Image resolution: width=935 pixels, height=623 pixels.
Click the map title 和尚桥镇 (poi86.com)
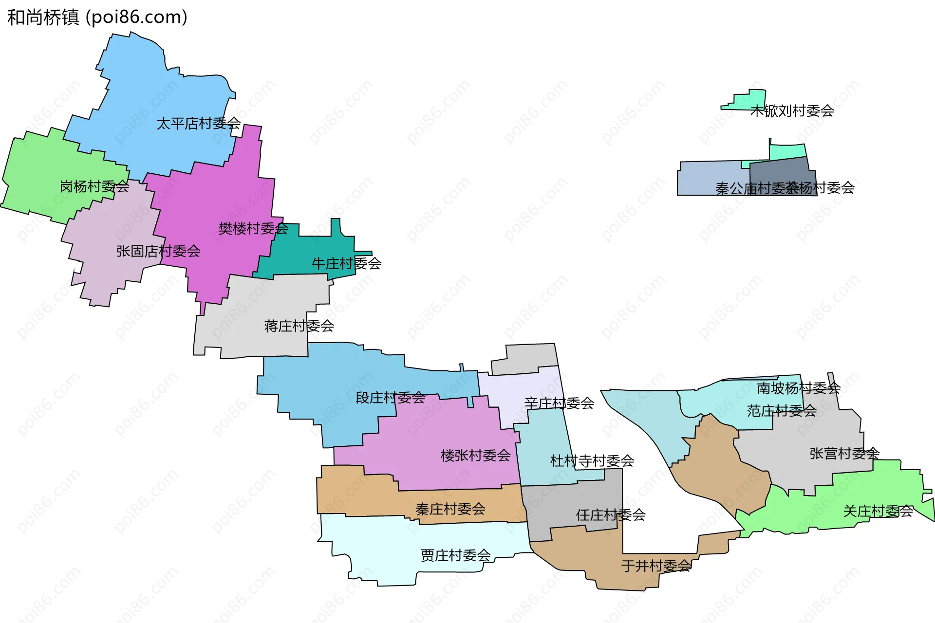click(97, 18)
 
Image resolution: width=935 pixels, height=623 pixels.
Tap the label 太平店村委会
click(198, 124)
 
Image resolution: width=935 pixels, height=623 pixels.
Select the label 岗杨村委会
click(94, 186)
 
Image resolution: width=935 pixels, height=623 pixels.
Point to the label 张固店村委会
click(158, 251)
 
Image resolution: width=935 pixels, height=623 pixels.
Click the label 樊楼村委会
click(253, 228)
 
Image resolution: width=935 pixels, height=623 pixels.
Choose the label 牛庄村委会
click(346, 264)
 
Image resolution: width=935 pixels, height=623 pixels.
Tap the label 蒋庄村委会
click(299, 326)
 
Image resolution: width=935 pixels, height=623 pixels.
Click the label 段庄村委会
click(390, 398)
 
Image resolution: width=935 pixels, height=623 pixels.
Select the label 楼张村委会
click(475, 456)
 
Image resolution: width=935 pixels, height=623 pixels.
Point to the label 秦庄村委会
click(450, 509)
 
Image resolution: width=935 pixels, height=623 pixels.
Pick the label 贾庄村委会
click(455, 555)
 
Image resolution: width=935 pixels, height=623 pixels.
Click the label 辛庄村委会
click(559, 403)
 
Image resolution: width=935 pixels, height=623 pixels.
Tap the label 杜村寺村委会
click(592, 461)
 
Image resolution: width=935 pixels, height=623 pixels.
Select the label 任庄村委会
click(611, 515)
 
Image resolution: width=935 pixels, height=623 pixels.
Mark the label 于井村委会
click(656, 566)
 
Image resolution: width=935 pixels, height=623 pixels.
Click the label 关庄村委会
click(878, 511)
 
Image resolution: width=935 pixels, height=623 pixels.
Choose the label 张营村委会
click(844, 454)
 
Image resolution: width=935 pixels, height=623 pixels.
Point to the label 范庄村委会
click(782, 411)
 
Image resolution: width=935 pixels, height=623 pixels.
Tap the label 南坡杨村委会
click(799, 388)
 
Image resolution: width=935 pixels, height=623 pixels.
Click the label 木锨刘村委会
click(792, 111)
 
